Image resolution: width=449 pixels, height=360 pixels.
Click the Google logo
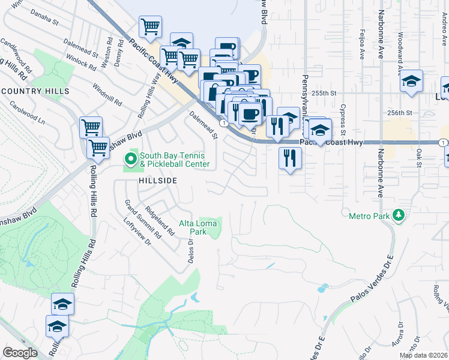(20, 353)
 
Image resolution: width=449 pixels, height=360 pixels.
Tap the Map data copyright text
(423, 355)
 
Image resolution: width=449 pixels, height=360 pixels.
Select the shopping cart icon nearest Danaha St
(150, 26)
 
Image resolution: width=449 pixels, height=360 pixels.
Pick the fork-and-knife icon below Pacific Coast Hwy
(291, 158)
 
